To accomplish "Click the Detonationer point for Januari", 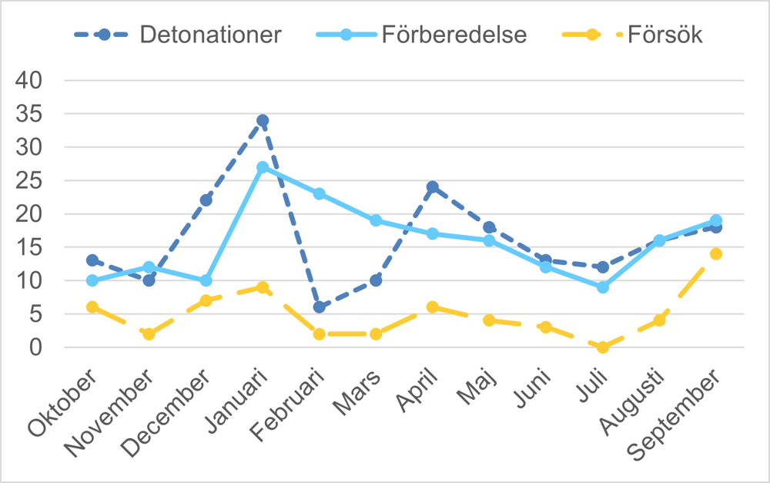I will [263, 120].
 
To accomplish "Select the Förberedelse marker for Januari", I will [263, 167].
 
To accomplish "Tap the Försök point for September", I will [716, 253].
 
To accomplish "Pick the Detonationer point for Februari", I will [319, 307].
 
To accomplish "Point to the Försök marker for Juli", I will [602, 347].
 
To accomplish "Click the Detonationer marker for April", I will [432, 187].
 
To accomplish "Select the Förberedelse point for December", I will [206, 280].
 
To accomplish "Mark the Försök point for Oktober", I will [92, 307].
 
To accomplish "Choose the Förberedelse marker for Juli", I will [602, 287].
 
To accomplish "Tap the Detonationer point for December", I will [206, 200].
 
